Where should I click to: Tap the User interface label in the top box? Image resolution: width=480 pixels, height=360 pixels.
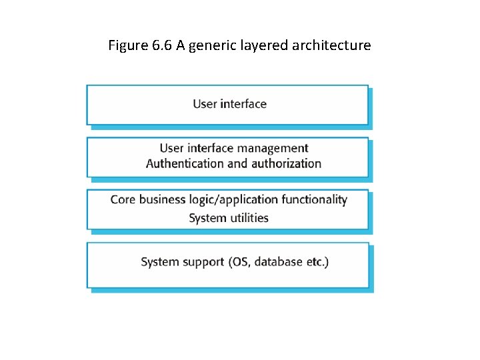click(x=229, y=104)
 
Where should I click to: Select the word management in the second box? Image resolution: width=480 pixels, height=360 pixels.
click(x=275, y=148)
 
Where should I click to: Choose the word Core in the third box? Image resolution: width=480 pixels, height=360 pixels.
click(x=123, y=199)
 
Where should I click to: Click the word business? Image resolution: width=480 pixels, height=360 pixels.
click(x=163, y=199)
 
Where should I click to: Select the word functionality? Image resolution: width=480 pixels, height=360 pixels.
click(x=314, y=199)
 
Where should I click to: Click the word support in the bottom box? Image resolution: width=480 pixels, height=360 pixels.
click(x=205, y=262)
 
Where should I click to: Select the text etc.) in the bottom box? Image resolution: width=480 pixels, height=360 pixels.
click(x=317, y=262)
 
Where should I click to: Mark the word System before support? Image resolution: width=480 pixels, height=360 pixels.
click(x=160, y=262)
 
